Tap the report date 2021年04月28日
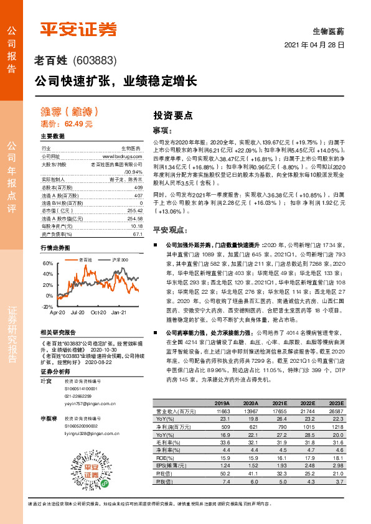pos(314,45)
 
